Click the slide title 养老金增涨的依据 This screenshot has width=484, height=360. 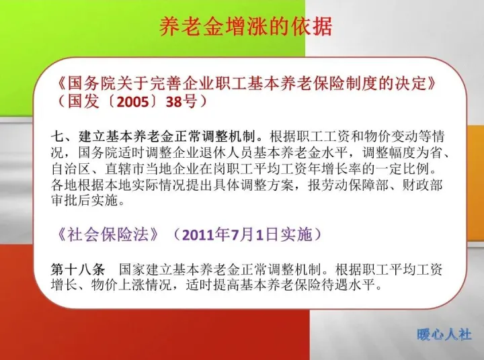click(x=245, y=26)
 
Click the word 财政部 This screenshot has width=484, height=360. click(x=430, y=183)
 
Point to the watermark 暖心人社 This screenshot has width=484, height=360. click(x=444, y=334)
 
